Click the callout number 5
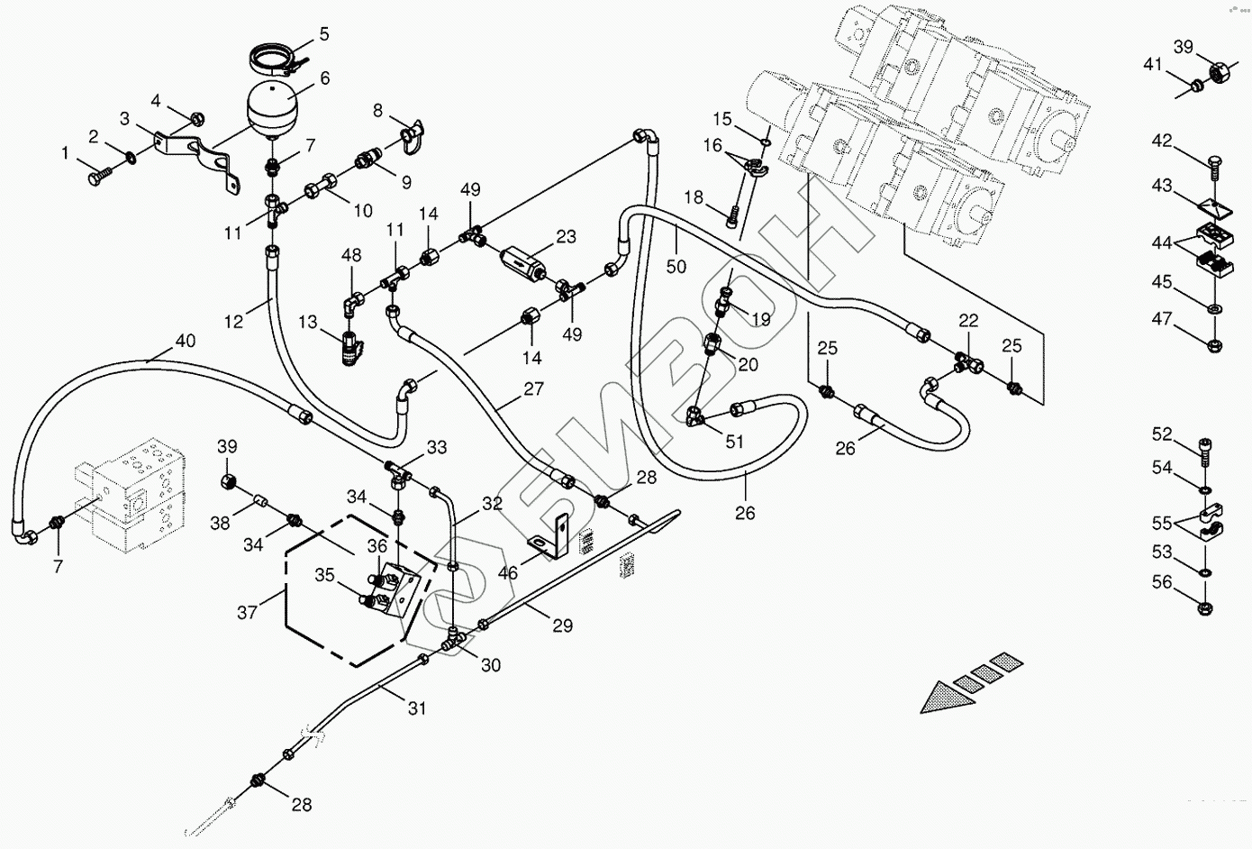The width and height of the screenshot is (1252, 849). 324,34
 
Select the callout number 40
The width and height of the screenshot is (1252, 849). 185,341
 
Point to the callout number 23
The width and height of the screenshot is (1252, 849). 566,238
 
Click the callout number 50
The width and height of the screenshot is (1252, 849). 676,266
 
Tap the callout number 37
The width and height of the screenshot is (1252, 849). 247,612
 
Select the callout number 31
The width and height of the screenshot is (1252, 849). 416,708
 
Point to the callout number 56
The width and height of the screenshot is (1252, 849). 1162,582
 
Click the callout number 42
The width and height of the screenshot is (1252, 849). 1162,141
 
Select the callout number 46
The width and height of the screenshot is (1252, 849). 508,572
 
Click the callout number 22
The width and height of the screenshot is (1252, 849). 968,321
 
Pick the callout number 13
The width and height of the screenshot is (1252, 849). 308,322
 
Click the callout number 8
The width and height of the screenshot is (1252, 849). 377,111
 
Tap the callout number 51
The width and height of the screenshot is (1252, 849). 735,441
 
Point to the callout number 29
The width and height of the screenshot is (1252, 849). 562,625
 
